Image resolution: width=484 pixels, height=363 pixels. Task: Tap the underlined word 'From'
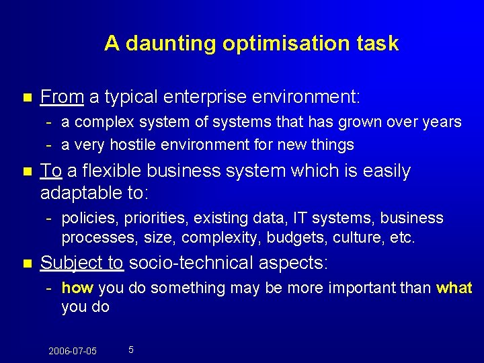[x=62, y=97]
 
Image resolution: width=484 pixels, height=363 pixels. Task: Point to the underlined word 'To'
[x=50, y=171]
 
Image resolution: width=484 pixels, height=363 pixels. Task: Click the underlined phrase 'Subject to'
[x=81, y=263]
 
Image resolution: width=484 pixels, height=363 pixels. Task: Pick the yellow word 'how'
[x=77, y=288]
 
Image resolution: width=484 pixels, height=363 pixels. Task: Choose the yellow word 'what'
[x=454, y=288]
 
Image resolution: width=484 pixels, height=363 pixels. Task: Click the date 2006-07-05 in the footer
[x=73, y=351]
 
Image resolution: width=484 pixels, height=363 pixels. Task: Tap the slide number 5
[x=130, y=350]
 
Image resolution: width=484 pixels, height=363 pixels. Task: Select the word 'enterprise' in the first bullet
[x=212, y=97]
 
